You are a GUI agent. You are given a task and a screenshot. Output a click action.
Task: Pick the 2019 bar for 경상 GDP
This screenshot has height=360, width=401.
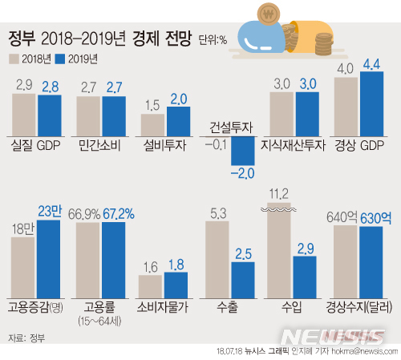pyautogui.click(x=371, y=107)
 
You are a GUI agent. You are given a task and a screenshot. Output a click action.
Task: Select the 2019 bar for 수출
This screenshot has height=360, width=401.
pyautogui.click(x=242, y=280)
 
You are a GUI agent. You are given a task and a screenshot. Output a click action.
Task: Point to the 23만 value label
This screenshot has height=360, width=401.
pyautogui.click(x=49, y=212)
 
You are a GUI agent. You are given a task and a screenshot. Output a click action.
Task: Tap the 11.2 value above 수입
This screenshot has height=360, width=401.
pyautogui.click(x=277, y=193)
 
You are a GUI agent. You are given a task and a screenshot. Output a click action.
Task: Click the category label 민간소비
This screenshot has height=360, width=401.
pyautogui.click(x=102, y=146)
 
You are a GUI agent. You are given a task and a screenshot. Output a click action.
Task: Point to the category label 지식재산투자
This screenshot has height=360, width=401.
pyautogui.click(x=294, y=146)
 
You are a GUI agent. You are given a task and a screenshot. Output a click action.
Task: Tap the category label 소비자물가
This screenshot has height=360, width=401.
pyautogui.click(x=163, y=307)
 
